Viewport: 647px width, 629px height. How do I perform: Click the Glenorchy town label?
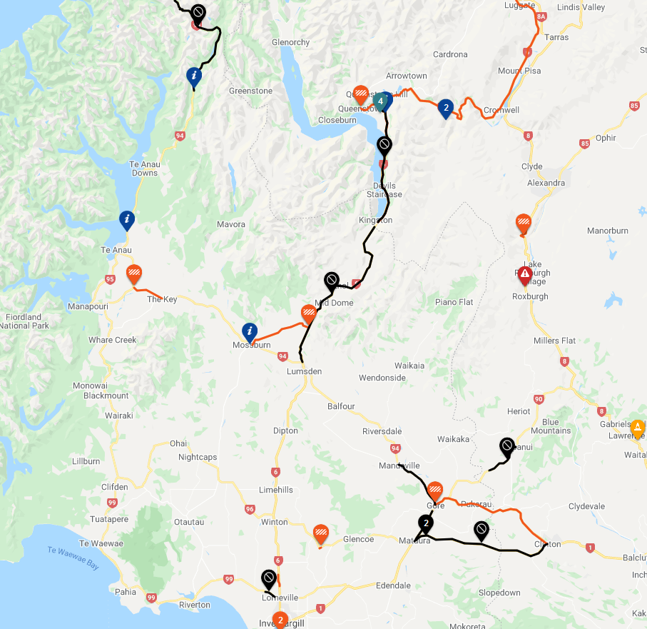[x=290, y=42]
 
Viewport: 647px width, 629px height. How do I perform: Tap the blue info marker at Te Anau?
[x=127, y=218]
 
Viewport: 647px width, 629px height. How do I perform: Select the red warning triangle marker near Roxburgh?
[x=524, y=273]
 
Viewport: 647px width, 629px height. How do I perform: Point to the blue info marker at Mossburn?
[x=250, y=331]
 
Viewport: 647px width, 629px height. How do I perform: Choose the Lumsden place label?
[x=304, y=371]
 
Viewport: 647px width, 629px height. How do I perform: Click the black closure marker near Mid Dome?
[x=331, y=280]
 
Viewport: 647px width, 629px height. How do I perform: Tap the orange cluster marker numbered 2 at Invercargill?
[x=280, y=620]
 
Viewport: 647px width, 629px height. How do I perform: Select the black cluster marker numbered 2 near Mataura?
[x=426, y=523]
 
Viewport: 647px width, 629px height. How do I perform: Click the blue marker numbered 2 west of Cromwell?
[x=446, y=108]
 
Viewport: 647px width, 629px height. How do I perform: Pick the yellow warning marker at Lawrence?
[x=637, y=427]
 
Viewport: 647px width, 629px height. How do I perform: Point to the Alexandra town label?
[x=546, y=183]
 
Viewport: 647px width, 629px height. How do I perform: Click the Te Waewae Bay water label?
[x=73, y=557]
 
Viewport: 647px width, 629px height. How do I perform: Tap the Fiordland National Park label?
[x=24, y=321]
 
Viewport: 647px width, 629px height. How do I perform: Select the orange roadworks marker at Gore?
[x=435, y=490]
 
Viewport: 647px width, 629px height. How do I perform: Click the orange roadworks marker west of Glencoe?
[x=321, y=533]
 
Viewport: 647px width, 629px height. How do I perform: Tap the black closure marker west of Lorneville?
[x=269, y=578]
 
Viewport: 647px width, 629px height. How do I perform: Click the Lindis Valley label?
[x=584, y=7]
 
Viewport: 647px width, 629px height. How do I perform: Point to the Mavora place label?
[x=231, y=224]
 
